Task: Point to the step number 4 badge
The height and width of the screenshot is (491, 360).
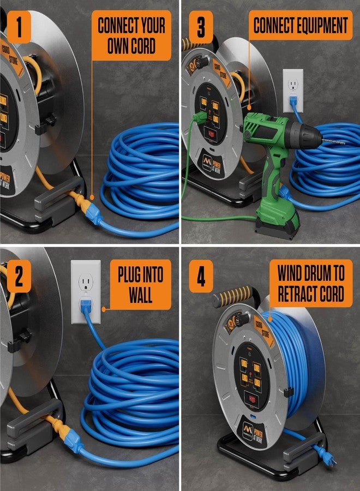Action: (200, 277)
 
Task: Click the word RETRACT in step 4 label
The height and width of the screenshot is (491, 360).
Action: (297, 295)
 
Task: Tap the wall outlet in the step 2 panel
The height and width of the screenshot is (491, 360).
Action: (86, 291)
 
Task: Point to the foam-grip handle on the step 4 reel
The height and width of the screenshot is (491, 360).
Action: (232, 296)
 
